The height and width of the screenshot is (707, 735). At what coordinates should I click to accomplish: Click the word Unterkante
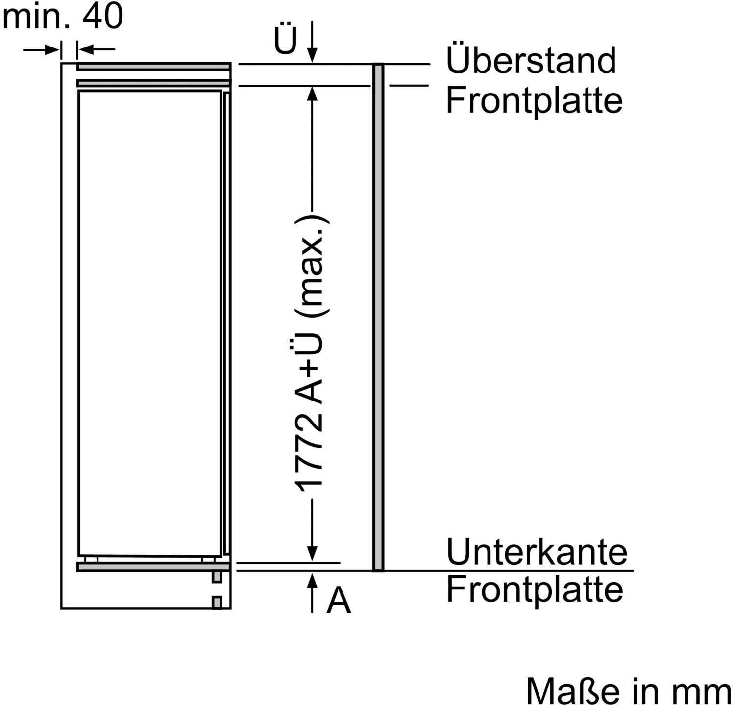click(x=537, y=551)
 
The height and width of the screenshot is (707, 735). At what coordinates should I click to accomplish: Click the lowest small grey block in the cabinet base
click(x=217, y=602)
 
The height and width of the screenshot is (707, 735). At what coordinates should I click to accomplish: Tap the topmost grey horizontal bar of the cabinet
click(x=153, y=67)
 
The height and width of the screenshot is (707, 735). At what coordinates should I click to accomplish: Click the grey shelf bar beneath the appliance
click(x=153, y=567)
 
